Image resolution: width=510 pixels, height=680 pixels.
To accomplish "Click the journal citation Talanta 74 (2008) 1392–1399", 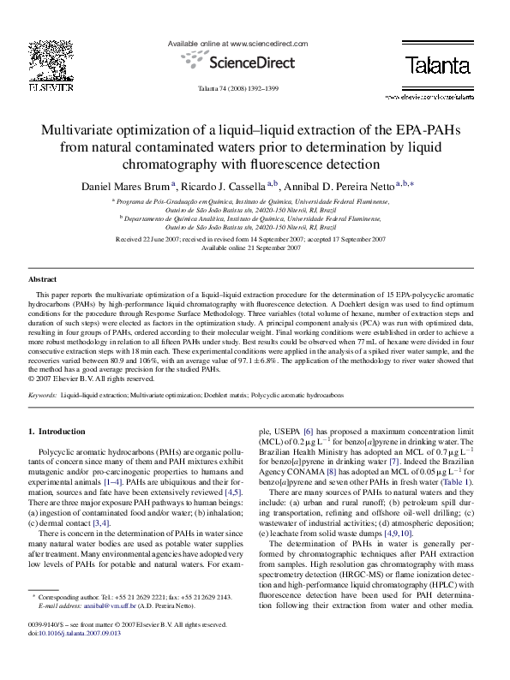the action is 255,89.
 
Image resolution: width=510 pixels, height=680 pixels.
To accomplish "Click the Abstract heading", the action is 43,280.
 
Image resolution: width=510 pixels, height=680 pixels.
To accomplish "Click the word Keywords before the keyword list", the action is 42,396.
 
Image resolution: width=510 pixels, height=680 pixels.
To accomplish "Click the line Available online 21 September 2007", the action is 255,247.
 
